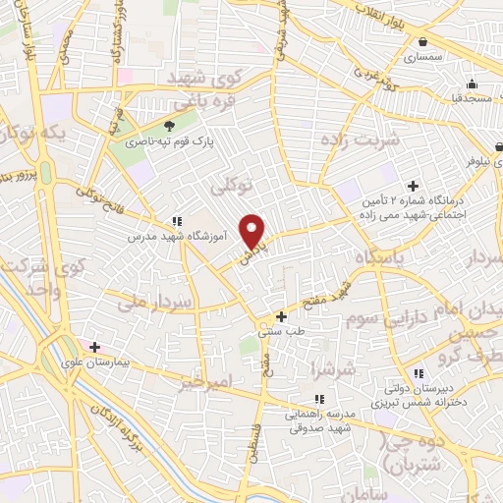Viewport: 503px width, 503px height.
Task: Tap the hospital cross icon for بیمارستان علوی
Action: pyautogui.click(x=95, y=347)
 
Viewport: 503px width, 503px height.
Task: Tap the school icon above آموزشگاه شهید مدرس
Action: pyautogui.click(x=177, y=222)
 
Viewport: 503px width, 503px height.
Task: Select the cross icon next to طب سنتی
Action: pyautogui.click(x=282, y=316)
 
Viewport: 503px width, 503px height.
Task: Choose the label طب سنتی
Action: pyautogui.click(x=277, y=332)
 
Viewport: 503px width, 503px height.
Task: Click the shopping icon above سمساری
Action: pyautogui.click(x=422, y=42)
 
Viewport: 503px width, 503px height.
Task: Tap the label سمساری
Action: pyautogui.click(x=423, y=58)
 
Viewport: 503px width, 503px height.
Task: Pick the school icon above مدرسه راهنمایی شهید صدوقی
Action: pyautogui.click(x=319, y=399)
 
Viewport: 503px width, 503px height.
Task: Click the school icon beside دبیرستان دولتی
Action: pyautogui.click(x=419, y=373)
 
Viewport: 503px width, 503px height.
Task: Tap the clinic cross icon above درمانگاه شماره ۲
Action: pyautogui.click(x=413, y=186)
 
